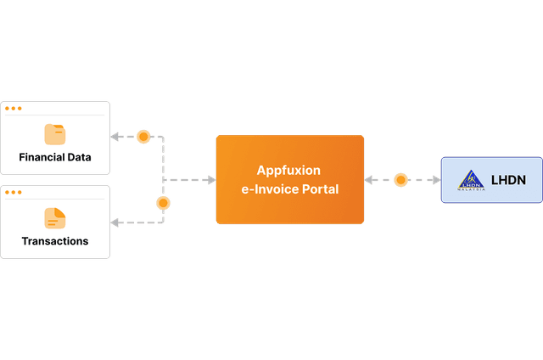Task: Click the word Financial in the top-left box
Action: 44,158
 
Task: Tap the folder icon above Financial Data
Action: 55,133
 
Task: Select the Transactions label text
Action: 55,241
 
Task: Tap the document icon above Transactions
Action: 55,217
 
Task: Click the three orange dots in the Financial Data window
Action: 14,109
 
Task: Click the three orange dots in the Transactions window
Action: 14,193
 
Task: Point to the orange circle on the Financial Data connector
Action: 143,137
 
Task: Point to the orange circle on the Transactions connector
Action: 163,204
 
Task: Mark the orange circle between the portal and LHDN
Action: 400,180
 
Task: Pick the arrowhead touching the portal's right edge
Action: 370,180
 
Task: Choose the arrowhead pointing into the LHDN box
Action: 434,180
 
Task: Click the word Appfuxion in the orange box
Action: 288,171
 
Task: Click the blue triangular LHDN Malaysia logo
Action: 471,180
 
